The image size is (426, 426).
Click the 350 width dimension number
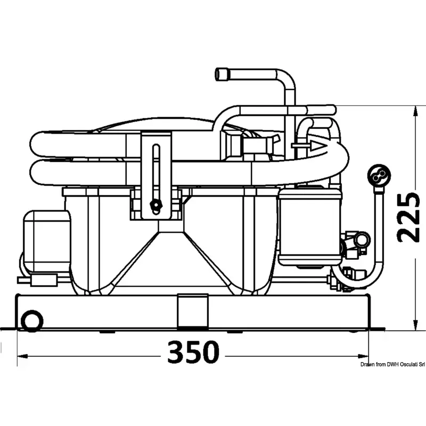193,352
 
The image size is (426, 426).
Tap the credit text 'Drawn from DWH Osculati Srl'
392,365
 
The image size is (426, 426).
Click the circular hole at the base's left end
32,321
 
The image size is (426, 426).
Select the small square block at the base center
193,312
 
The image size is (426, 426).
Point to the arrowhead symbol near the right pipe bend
318,146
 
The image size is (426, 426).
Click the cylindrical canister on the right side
310,227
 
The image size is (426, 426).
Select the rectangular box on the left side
47,241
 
